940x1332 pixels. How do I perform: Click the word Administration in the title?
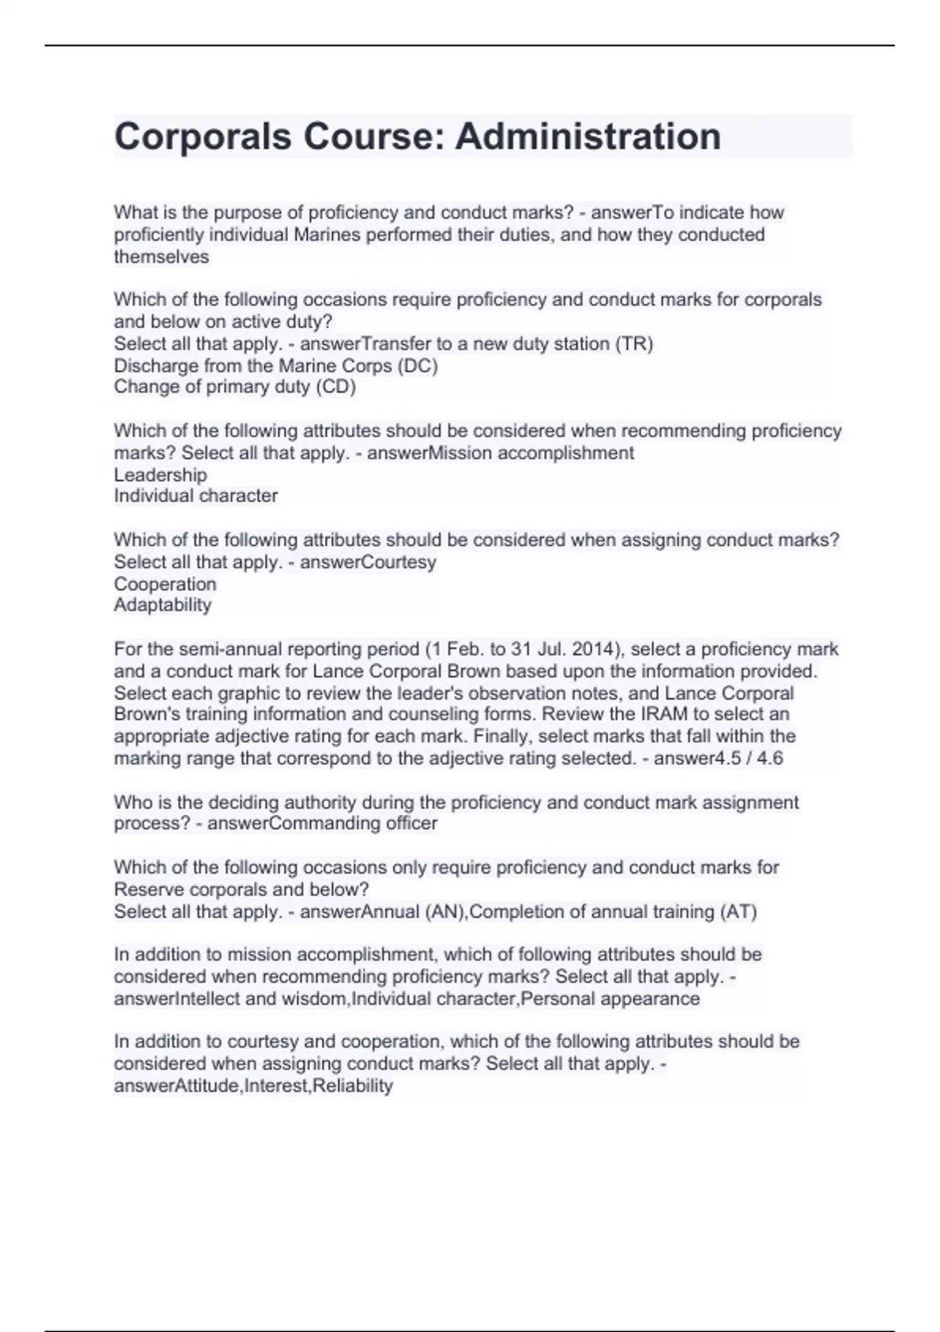(587, 136)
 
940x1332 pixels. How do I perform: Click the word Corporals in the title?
(203, 136)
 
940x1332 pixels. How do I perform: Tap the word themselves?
(161, 257)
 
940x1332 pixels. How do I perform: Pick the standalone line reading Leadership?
(161, 475)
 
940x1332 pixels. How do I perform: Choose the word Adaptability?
(163, 605)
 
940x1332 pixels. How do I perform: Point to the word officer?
(407, 823)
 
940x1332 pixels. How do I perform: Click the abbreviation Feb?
(472, 650)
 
